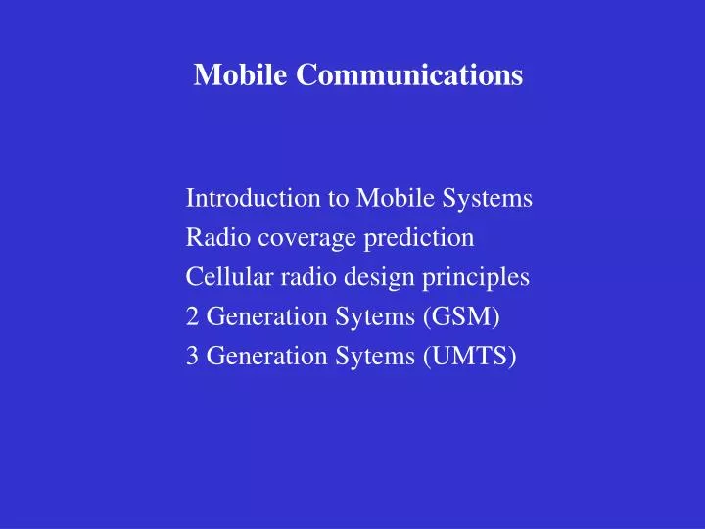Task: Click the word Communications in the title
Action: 410,74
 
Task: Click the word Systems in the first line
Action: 487,198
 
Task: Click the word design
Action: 379,277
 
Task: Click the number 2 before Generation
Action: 192,317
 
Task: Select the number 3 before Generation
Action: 192,357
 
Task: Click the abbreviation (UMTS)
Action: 469,357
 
